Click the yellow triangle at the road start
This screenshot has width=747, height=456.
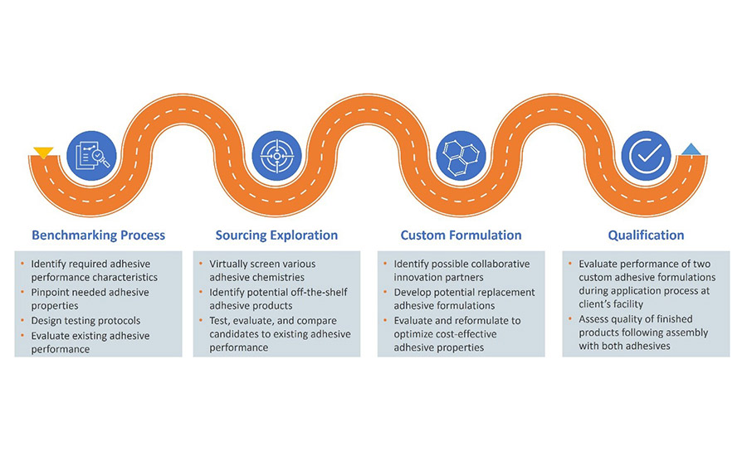tap(43, 153)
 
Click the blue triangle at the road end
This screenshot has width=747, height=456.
tap(691, 150)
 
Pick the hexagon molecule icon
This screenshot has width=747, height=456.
tap(459, 154)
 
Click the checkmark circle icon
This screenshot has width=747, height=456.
tap(645, 154)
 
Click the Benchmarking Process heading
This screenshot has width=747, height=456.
tap(98, 235)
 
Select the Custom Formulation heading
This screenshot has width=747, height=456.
tap(461, 235)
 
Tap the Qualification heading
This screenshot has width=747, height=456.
tap(646, 235)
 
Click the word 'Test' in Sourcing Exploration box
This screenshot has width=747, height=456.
tap(220, 320)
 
